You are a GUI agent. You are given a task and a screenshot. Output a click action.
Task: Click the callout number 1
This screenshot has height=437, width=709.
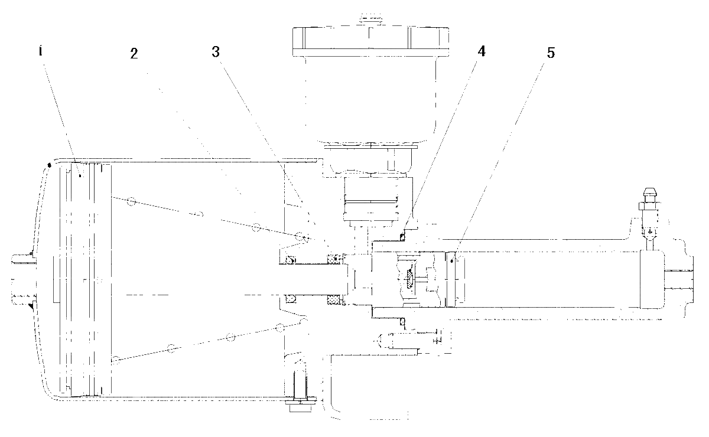tap(40, 51)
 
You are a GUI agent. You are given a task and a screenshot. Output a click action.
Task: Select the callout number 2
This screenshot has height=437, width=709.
tap(134, 54)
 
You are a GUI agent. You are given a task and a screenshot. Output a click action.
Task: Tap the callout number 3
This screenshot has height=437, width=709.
tap(216, 52)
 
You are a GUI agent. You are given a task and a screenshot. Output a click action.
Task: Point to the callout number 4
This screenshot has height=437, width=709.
tap(481, 51)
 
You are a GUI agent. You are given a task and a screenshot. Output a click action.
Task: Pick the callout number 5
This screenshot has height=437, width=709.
tap(551, 53)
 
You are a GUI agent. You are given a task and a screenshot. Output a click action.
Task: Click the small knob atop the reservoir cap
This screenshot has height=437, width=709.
tap(370, 18)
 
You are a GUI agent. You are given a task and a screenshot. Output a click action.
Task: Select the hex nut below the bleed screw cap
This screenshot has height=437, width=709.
tap(649, 207)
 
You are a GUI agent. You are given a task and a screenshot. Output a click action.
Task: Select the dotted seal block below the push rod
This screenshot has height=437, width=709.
tap(334, 299)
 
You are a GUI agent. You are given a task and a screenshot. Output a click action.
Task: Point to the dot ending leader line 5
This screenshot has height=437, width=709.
tap(451, 260)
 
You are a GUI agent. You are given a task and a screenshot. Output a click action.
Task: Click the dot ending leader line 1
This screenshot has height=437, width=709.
tap(80, 175)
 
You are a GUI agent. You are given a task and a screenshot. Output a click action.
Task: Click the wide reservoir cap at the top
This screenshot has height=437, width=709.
tap(370, 42)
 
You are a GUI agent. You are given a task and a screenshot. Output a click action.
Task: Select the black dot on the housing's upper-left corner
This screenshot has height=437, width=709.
tap(49, 165)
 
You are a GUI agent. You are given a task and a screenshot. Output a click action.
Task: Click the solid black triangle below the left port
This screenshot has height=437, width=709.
tap(31, 305)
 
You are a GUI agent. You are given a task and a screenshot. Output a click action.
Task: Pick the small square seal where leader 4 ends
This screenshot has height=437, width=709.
tap(402, 236)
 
